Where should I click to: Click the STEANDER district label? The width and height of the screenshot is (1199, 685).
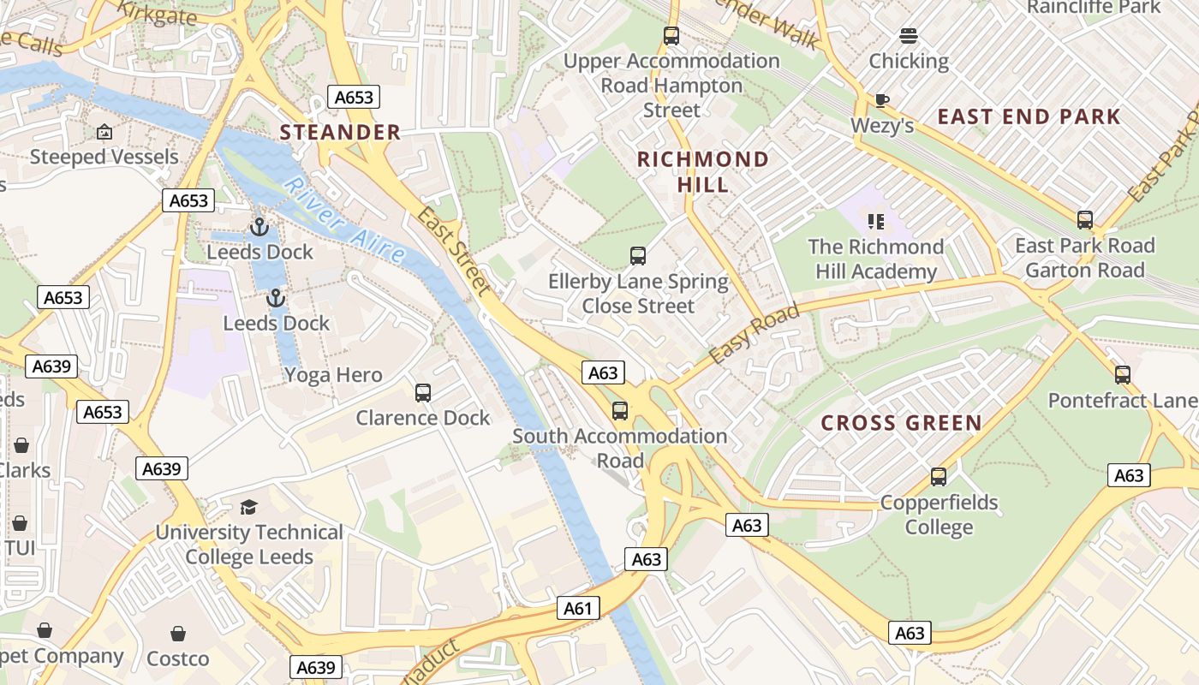[340, 132]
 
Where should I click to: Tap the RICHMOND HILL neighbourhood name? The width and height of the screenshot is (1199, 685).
[703, 171]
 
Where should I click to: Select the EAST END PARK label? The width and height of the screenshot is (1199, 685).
[1029, 116]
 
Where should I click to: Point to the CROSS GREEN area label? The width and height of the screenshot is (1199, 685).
[901, 423]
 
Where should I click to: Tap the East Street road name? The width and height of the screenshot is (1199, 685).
[454, 252]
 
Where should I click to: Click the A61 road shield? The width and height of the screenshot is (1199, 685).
[578, 609]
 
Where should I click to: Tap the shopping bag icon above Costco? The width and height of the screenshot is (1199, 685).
[178, 634]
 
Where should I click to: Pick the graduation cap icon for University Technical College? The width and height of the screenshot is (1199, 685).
[248, 507]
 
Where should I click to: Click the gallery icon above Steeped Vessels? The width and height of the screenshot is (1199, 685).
[104, 132]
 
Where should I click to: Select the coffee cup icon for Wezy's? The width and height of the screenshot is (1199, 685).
[882, 101]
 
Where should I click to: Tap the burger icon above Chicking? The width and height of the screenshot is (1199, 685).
[909, 36]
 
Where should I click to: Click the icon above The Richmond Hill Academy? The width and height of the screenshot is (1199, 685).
[875, 222]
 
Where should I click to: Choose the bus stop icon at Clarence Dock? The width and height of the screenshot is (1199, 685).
[423, 393]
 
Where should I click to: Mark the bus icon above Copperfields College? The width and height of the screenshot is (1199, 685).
[939, 477]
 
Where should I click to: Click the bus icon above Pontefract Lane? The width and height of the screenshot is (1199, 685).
[1123, 375]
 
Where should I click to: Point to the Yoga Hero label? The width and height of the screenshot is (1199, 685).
[333, 375]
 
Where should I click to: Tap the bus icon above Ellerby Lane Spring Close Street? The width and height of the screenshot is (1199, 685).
[638, 256]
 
